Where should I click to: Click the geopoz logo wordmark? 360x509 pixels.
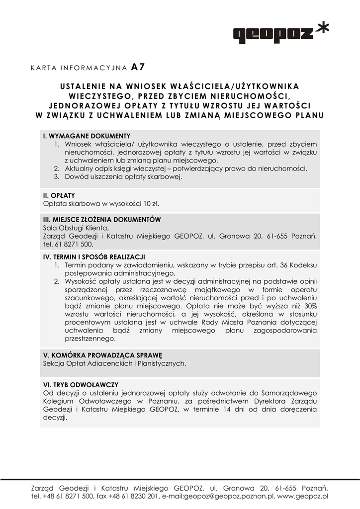click(x=273, y=34)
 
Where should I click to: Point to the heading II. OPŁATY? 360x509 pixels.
click(x=59, y=195)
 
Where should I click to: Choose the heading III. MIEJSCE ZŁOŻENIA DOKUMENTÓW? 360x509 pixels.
click(x=102, y=219)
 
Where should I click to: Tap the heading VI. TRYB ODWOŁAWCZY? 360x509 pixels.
click(x=81, y=385)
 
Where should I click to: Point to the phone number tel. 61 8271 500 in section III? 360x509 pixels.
click(x=68, y=245)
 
